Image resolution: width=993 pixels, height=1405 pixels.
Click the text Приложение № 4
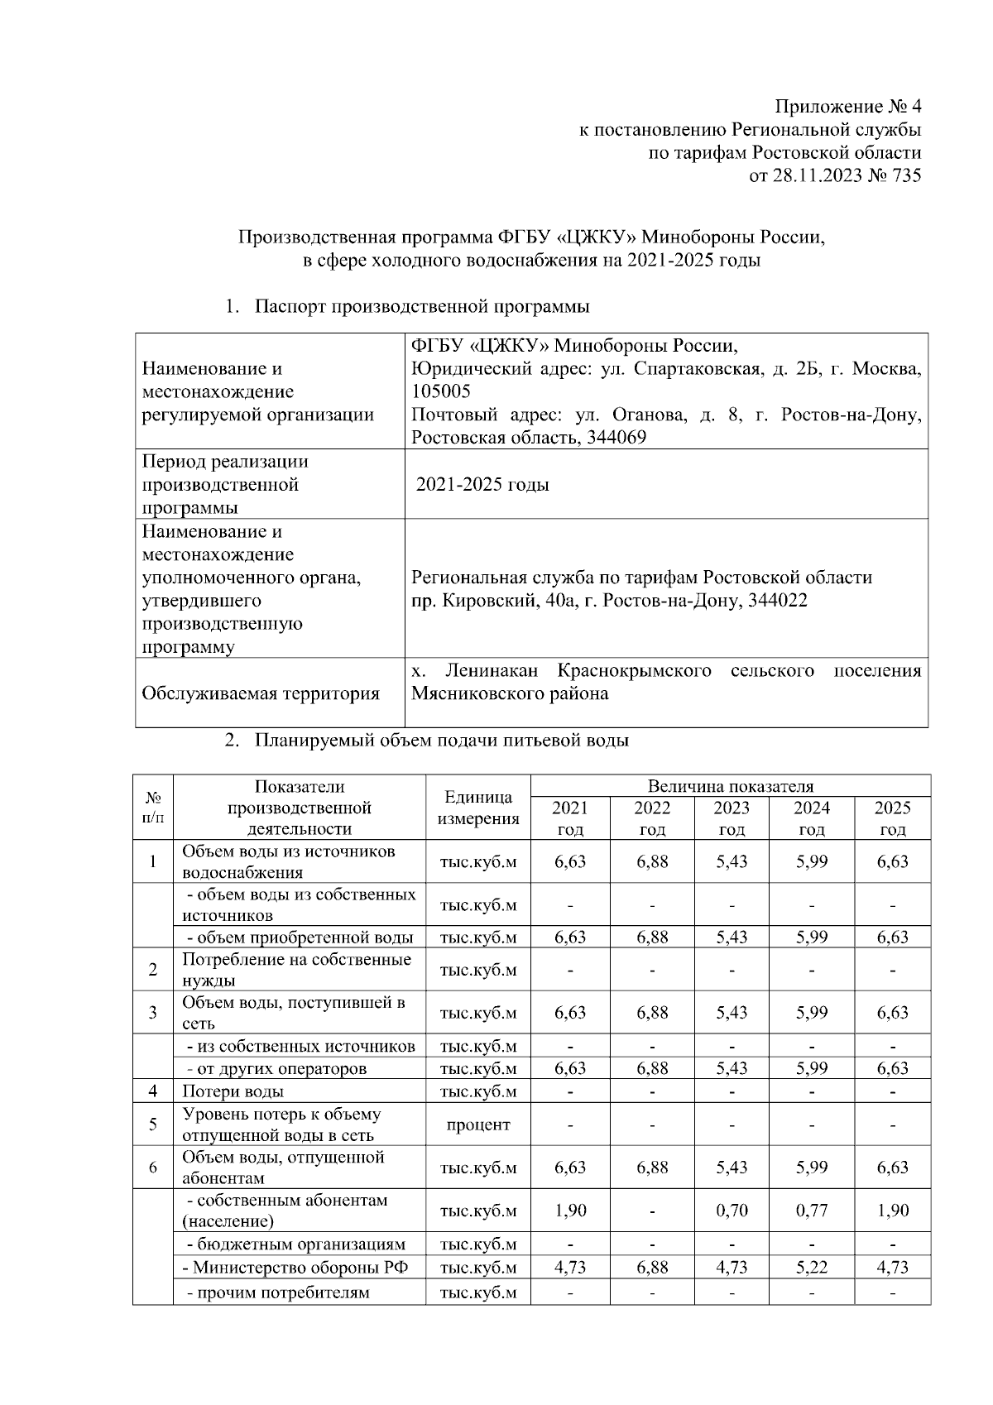(847, 107)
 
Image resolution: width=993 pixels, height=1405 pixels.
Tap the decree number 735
(905, 175)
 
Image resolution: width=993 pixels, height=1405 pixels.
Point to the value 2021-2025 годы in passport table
(482, 484)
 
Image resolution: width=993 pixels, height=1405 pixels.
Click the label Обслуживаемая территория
(261, 693)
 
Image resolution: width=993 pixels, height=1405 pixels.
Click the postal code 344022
(777, 601)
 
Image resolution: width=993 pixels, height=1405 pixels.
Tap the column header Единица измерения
(477, 808)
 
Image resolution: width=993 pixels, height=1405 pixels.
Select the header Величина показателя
(730, 786)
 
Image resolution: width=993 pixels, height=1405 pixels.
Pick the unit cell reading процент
(477, 1124)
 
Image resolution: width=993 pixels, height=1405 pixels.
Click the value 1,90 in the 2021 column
(570, 1211)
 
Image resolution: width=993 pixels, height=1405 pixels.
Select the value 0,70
(732, 1211)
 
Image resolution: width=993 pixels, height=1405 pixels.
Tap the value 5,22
(811, 1268)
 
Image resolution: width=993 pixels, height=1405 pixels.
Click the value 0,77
(811, 1211)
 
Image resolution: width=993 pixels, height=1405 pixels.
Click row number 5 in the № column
(153, 1124)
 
